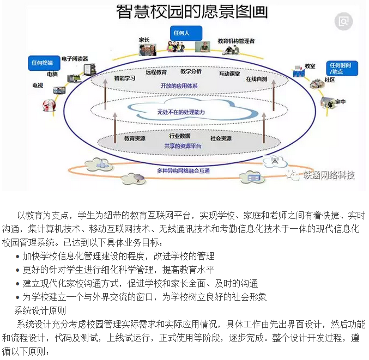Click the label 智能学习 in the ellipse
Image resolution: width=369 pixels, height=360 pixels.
tap(125, 78)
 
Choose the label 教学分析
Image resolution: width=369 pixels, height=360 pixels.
tap(191, 71)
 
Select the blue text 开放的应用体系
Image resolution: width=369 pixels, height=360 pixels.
tap(179, 86)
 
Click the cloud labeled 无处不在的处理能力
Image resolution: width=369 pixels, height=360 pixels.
tap(180, 112)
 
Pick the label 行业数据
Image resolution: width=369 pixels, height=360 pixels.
tap(179, 136)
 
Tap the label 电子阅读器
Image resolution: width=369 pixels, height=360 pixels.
tap(75, 58)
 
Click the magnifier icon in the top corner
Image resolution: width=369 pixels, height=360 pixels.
tap(344, 21)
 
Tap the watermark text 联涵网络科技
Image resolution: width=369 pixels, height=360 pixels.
tap(329, 175)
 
